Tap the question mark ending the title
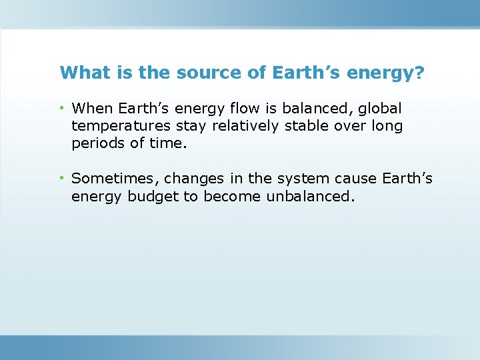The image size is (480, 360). [419, 72]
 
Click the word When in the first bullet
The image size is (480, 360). [92, 108]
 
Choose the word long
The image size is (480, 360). [387, 126]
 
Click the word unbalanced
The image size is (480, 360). [307, 197]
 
